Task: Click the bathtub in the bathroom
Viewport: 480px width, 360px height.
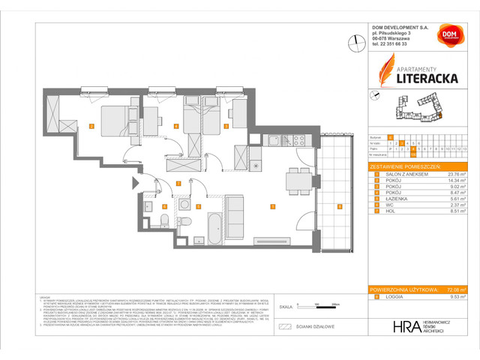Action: click(x=213, y=226)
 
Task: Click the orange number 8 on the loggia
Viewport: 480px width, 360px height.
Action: click(x=339, y=206)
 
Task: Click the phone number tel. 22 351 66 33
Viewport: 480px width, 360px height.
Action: click(x=399, y=44)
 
